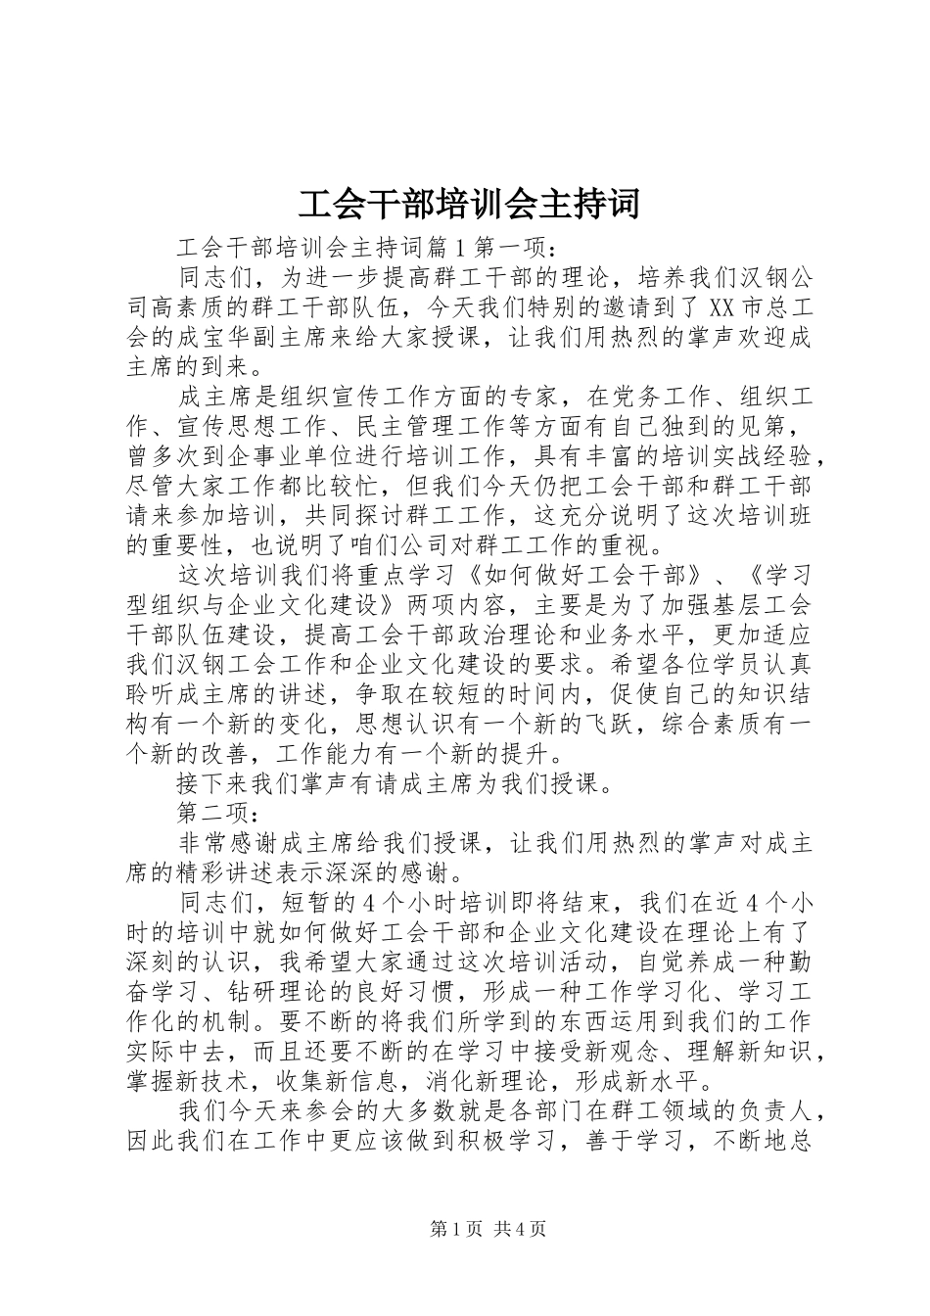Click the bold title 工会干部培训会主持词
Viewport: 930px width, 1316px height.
(466, 203)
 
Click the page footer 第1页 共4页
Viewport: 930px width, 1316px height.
(464, 1229)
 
